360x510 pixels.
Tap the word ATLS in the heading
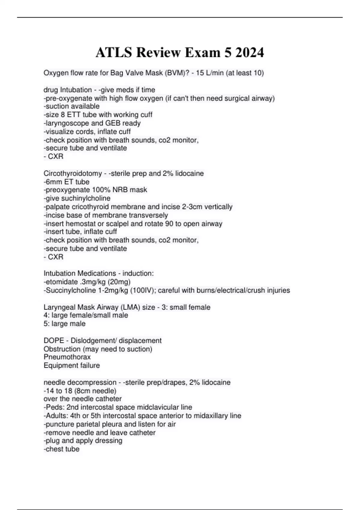(x=114, y=52)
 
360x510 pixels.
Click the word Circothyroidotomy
(x=73, y=173)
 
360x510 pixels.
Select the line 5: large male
(x=64, y=324)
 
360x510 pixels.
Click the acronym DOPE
(x=54, y=340)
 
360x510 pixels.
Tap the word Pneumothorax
(x=67, y=357)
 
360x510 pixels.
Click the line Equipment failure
(x=72, y=365)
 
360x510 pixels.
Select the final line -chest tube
(x=61, y=449)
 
